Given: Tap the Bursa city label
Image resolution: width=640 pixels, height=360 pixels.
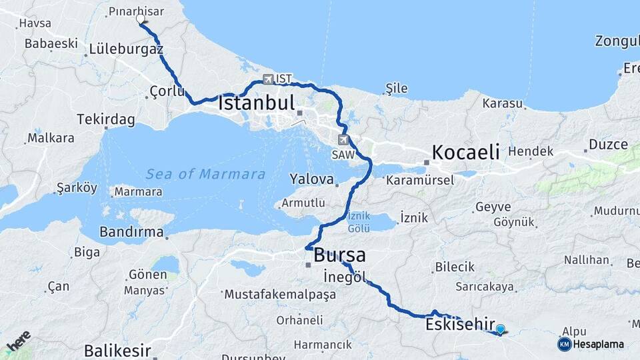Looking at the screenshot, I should (339, 255).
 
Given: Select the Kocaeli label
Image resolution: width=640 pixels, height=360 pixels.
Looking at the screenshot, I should (465, 151).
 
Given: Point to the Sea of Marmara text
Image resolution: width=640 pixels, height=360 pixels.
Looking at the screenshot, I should (206, 175).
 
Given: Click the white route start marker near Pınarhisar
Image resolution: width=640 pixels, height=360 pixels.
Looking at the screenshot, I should (141, 19).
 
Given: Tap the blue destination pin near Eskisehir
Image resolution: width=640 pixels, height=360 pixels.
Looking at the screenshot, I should (500, 329).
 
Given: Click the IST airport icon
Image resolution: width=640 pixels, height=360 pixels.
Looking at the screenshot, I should (268, 79).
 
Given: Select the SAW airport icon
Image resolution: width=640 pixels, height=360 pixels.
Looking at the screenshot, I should (343, 139).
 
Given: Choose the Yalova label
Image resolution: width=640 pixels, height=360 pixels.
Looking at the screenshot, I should (311, 179).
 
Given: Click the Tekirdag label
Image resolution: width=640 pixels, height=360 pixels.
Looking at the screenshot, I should (106, 119).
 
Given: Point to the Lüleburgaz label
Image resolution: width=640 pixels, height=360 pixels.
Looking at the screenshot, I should (126, 49).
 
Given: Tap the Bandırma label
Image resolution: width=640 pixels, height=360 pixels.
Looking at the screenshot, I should (131, 232).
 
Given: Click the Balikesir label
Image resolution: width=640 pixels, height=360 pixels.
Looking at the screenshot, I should (117, 351).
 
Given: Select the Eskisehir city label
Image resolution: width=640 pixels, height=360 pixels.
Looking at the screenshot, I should (459, 325).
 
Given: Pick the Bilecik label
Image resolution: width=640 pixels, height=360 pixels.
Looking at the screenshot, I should (455, 267).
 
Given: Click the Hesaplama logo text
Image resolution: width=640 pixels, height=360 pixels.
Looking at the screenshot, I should (598, 345).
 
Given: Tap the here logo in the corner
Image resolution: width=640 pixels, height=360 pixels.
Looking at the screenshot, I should (18, 341).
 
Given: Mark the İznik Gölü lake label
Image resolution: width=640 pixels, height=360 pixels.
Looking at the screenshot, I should (359, 222).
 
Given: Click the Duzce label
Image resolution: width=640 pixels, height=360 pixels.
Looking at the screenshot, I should (608, 145).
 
